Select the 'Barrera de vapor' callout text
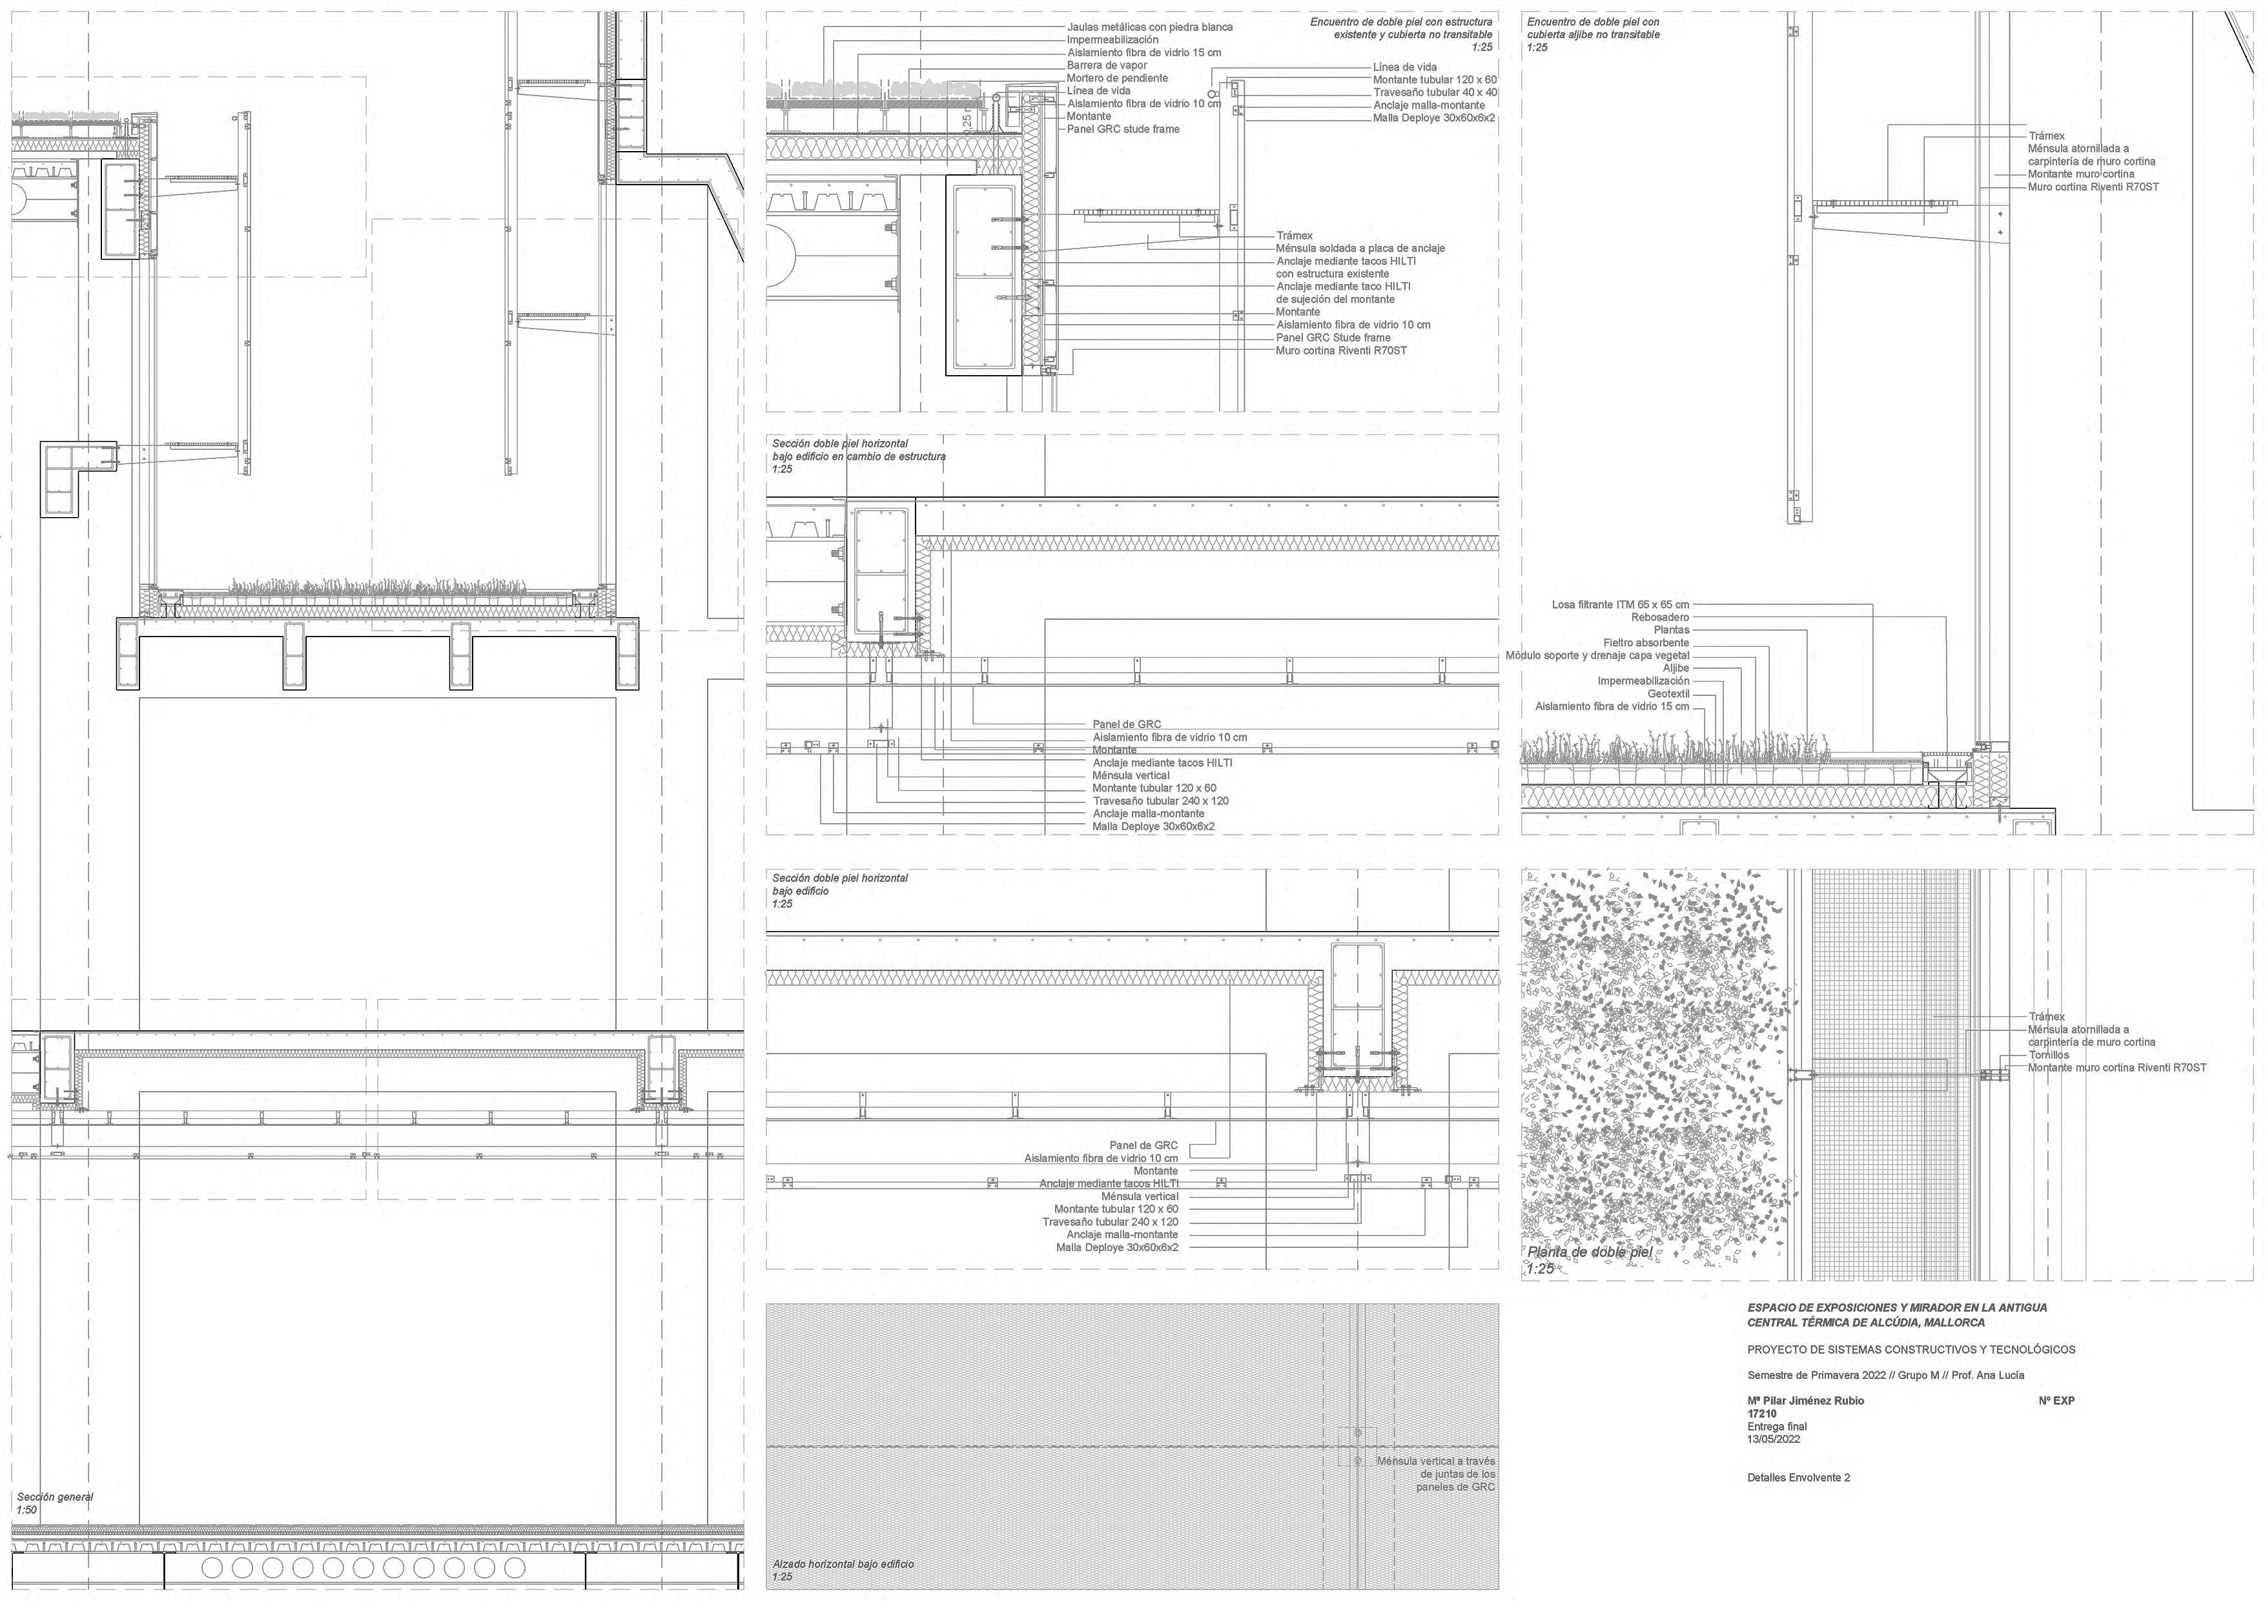[1107, 66]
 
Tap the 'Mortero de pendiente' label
[1117, 79]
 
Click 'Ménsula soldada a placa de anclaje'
[1360, 249]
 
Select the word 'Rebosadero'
[1660, 618]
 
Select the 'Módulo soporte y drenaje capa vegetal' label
[1597, 656]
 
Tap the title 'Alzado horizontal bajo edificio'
[843, 1564]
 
